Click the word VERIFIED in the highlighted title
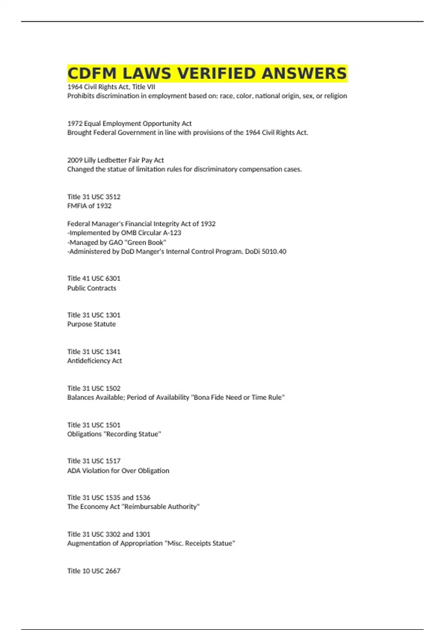pyautogui.click(x=217, y=73)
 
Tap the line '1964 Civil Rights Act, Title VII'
pyautogui.click(x=111, y=87)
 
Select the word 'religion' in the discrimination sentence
pyautogui.click(x=336, y=96)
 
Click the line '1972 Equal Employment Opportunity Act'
pyautogui.click(x=129, y=123)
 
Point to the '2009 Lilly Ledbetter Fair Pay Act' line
pyautogui.click(x=115, y=160)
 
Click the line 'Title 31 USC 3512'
pyautogui.click(x=94, y=197)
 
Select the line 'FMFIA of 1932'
pyautogui.click(x=89, y=206)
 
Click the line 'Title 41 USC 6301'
pyautogui.click(x=94, y=278)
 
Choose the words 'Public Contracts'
pyautogui.click(x=92, y=288)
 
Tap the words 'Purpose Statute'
pyautogui.click(x=91, y=324)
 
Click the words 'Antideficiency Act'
pyautogui.click(x=94, y=361)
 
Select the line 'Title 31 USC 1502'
pyautogui.click(x=94, y=388)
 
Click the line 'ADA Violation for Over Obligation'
pyautogui.click(x=118, y=471)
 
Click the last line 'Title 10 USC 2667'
pyautogui.click(x=94, y=571)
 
